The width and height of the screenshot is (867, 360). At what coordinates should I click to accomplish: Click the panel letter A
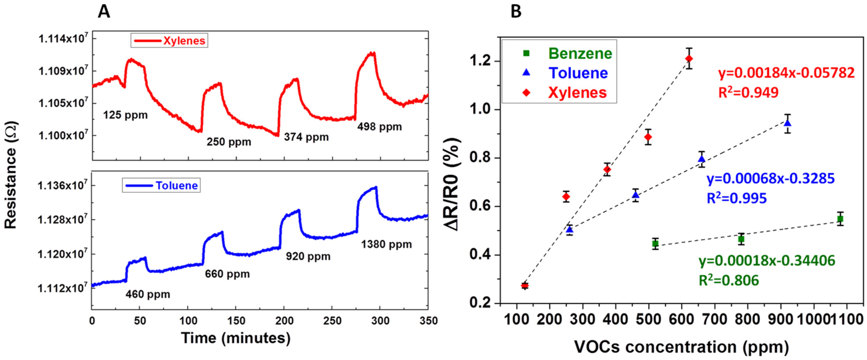point(104,12)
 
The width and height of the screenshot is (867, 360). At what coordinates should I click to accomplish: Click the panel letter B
point(516,12)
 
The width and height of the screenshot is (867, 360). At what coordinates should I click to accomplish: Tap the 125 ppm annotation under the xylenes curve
point(125,115)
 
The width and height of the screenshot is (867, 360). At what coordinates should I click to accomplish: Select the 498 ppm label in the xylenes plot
point(379,127)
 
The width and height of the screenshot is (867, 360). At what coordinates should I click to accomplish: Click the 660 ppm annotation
point(227,274)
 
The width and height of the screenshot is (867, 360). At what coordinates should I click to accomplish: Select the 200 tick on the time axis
point(284,321)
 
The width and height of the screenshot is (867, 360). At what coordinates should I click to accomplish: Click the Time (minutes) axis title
point(236,338)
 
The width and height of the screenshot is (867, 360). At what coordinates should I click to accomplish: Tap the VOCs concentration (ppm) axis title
point(681,347)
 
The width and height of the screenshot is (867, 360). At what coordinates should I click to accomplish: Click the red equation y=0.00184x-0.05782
point(786,73)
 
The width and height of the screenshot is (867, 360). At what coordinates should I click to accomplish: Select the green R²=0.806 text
point(729,280)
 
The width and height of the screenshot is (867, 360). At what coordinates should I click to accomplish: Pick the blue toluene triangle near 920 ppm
point(787,123)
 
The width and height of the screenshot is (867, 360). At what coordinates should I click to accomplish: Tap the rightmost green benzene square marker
point(840,219)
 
